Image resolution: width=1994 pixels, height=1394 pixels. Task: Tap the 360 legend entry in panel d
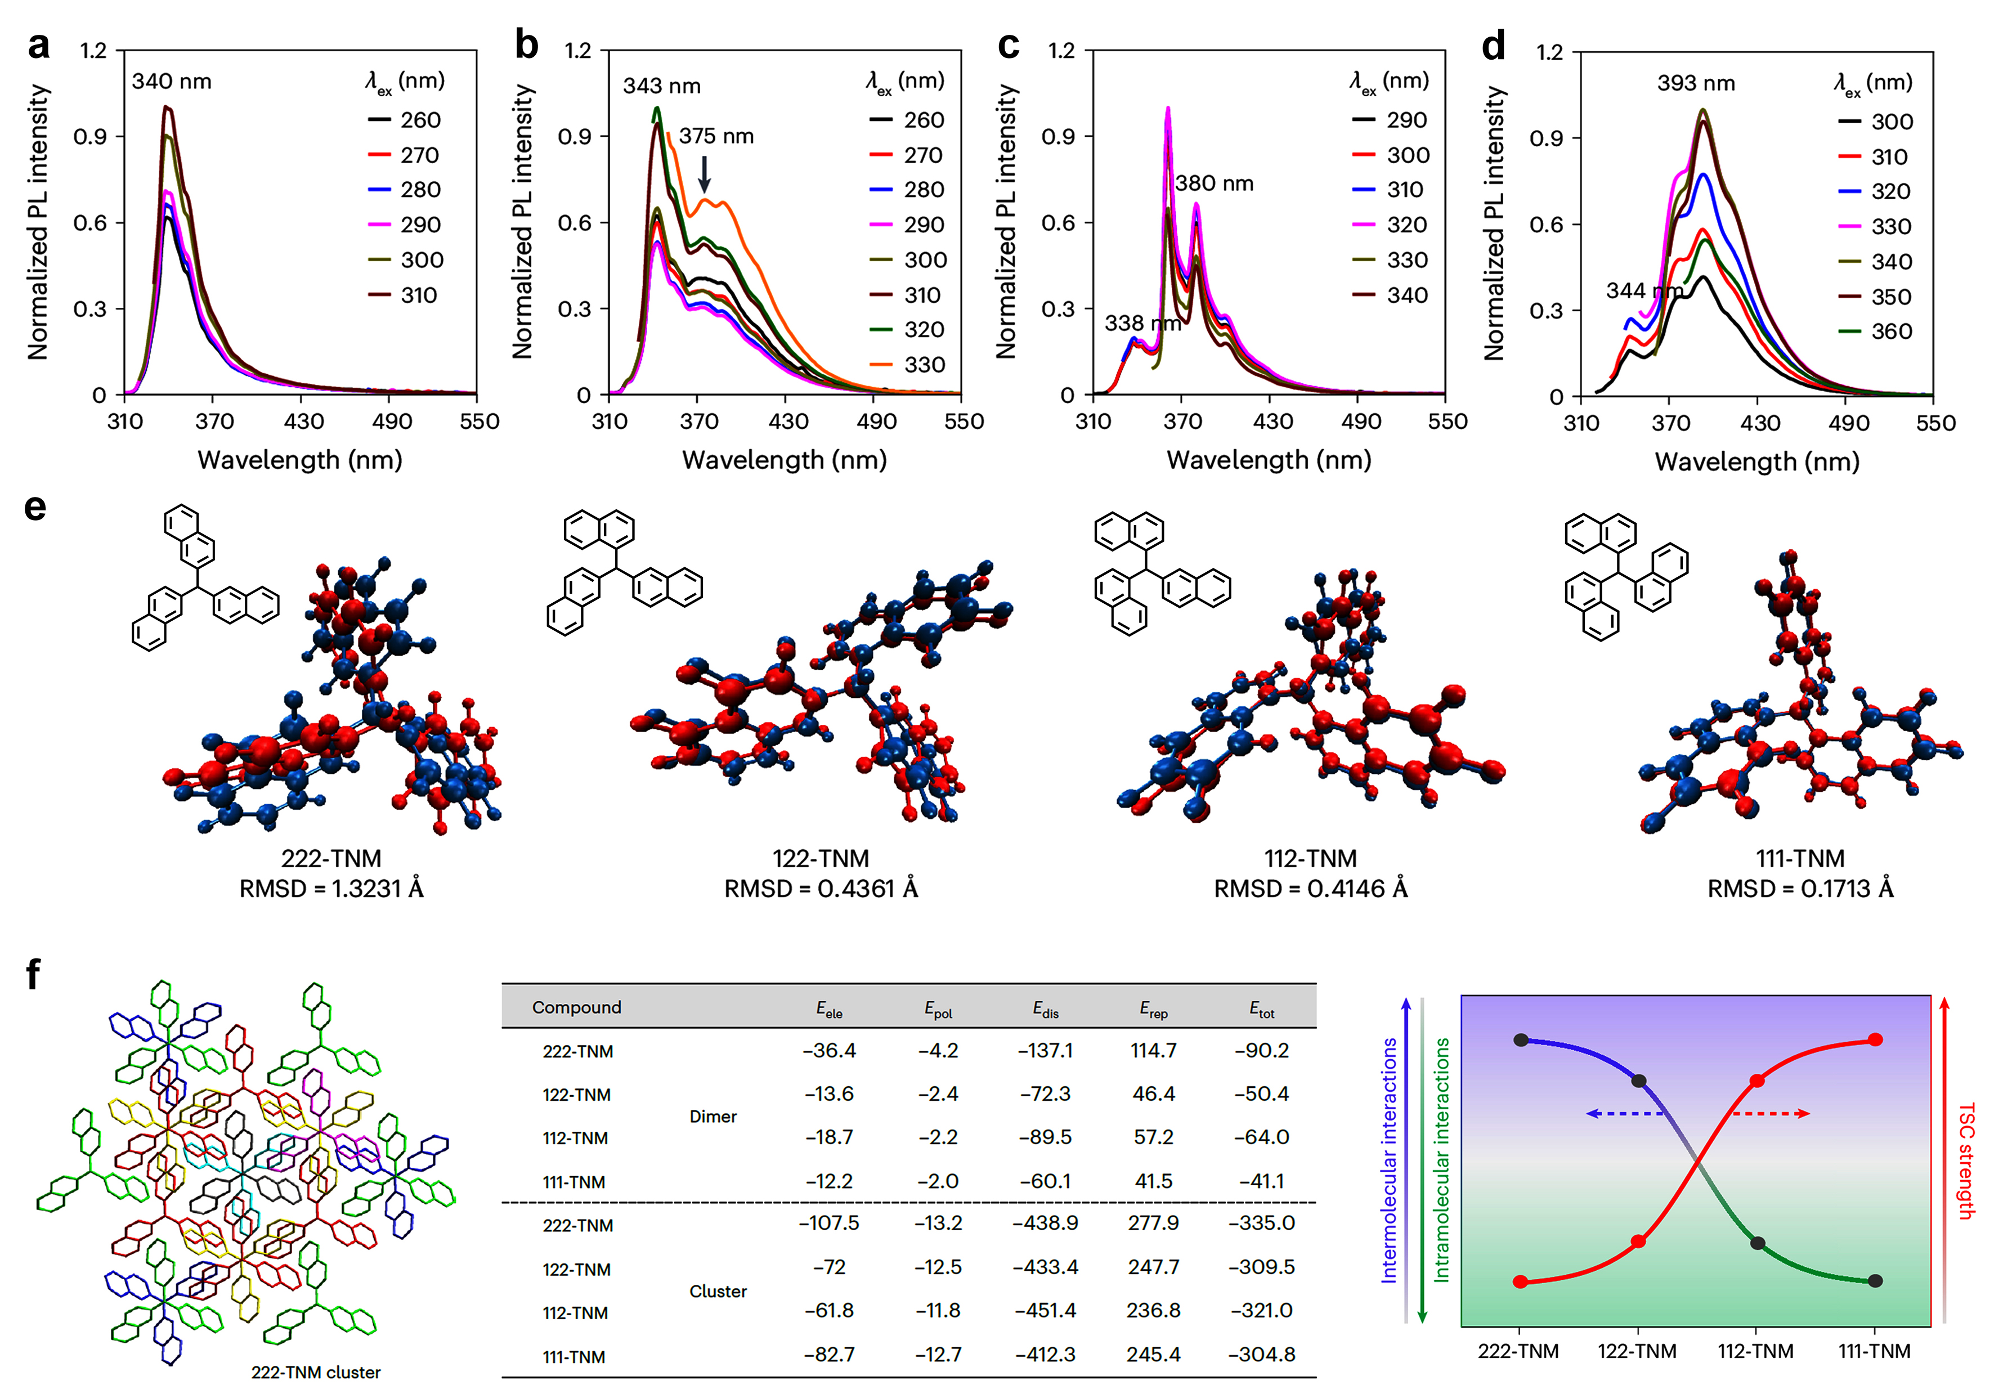coord(1875,331)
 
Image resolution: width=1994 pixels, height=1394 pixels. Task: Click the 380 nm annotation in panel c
coord(1214,183)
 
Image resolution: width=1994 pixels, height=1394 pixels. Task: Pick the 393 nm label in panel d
coord(1696,83)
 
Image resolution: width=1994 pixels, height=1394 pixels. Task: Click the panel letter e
coord(35,507)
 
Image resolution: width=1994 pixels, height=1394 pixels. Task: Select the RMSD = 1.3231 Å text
coord(331,889)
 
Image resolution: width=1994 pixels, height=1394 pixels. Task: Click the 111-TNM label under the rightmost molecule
coord(1800,858)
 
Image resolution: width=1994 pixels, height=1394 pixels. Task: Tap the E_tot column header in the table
coord(1262,1009)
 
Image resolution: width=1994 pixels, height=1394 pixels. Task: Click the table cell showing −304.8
coord(1262,1354)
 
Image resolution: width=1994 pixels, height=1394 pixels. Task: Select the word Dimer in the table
coord(713,1116)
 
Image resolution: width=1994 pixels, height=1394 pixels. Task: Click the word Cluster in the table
coord(718,1292)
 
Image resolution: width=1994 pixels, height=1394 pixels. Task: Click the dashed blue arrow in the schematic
coord(1624,1114)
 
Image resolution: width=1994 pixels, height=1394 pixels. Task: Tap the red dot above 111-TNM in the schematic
coord(1875,1039)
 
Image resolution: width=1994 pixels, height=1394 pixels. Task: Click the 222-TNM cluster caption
coord(316,1372)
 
